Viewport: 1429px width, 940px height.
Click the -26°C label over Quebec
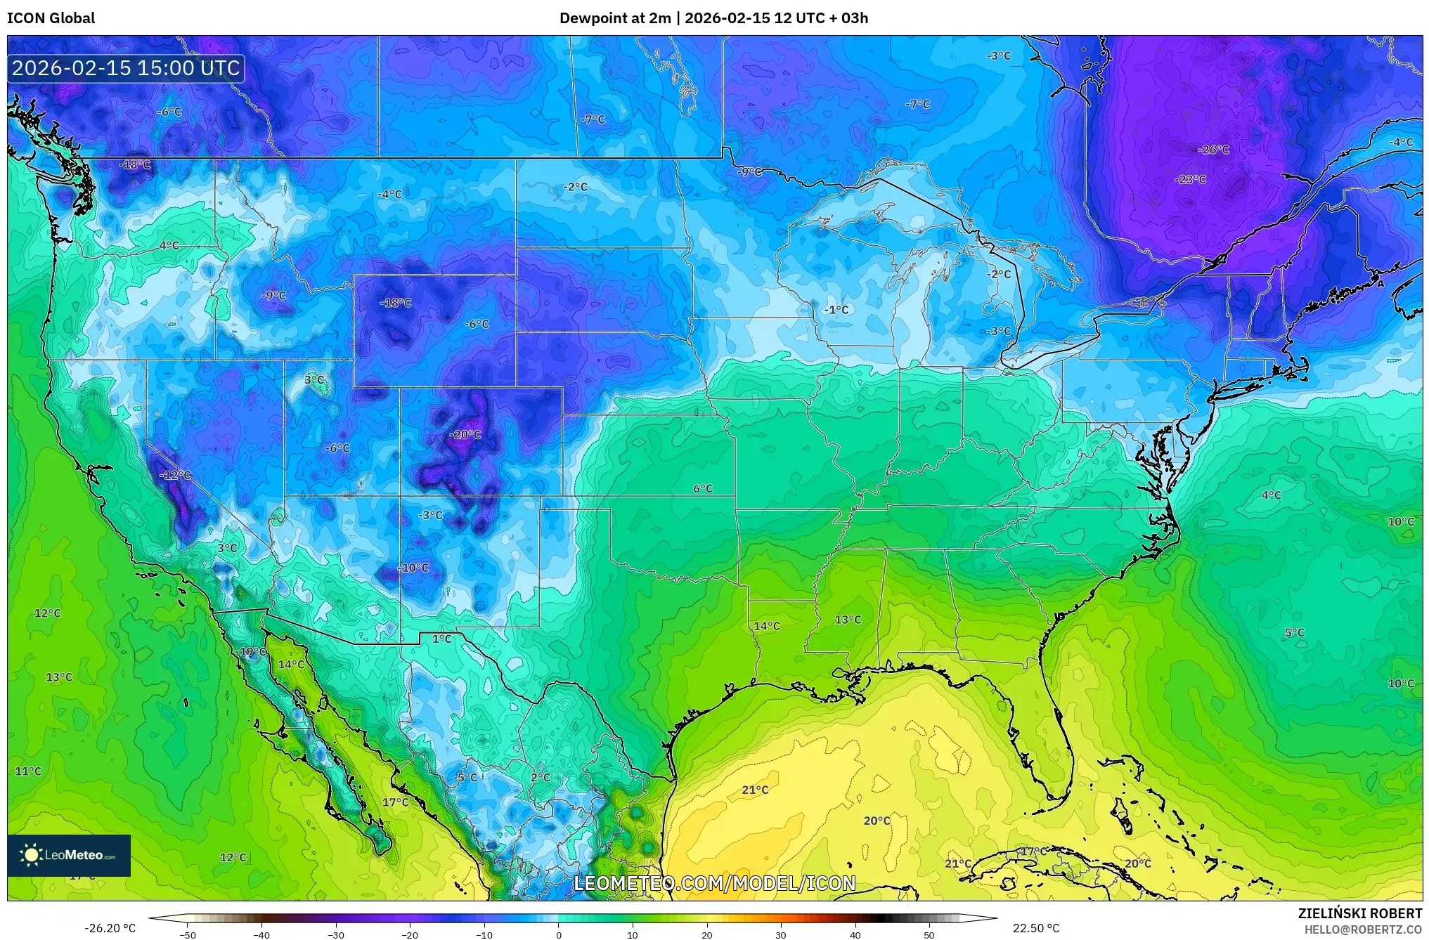(1213, 150)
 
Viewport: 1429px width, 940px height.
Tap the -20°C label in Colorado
(465, 435)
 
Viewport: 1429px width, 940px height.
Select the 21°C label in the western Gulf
(755, 790)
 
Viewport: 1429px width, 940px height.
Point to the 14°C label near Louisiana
(767, 626)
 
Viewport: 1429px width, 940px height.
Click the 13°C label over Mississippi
(848, 620)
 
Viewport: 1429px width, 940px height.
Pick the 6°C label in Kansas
(703, 488)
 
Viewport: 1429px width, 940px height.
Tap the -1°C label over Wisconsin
(836, 310)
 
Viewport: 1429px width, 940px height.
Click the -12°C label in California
(175, 475)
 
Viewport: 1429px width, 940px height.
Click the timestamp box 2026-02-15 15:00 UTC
(126, 68)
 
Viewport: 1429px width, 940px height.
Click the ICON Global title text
(51, 18)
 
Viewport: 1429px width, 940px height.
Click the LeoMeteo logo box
(69, 855)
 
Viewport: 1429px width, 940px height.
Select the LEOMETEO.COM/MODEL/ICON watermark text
(715, 883)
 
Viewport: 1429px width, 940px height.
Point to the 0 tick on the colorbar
(559, 934)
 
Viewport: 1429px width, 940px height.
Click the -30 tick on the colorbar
(336, 934)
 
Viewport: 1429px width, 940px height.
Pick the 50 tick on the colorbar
(929, 934)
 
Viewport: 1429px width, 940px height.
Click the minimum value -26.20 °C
(110, 928)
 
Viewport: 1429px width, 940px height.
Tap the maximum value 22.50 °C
(1036, 928)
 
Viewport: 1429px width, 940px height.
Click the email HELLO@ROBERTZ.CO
(1364, 929)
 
